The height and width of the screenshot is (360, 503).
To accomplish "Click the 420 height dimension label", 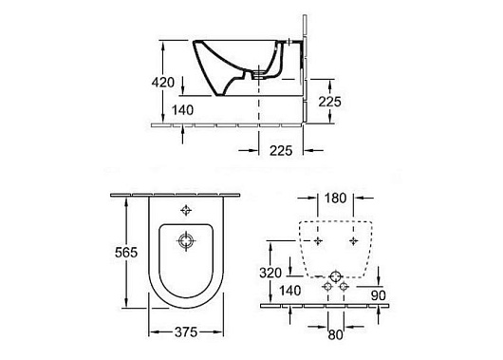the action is [x=163, y=83].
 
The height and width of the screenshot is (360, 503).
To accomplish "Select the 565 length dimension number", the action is [x=126, y=253].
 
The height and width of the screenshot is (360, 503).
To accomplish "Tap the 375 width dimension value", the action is [x=186, y=332].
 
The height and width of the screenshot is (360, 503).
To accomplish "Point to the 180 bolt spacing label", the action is [x=335, y=199].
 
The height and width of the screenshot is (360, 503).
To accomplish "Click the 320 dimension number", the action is [x=270, y=273].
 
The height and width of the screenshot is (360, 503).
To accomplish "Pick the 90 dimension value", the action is [x=379, y=295].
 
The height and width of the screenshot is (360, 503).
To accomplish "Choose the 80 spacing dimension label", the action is [x=335, y=335].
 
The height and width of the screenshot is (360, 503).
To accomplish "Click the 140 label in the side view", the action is [x=182, y=110].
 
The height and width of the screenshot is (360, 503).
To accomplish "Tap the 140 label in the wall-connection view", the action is [x=290, y=291].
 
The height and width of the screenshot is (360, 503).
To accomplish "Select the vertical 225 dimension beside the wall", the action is [x=329, y=102].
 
